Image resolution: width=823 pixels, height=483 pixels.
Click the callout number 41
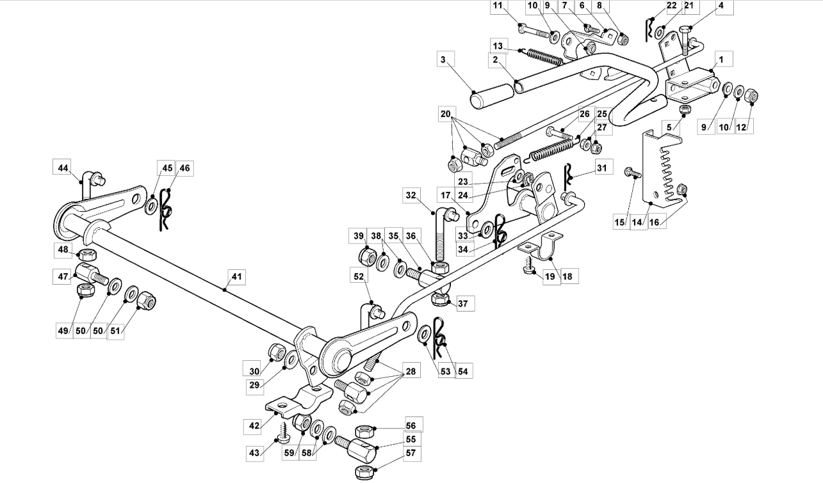point(236,276)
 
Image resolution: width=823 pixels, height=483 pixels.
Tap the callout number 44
point(63,168)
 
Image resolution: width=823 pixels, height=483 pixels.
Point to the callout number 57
point(411,453)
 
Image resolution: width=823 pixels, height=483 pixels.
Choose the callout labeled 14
point(638,222)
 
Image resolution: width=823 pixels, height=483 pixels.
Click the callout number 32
point(411,195)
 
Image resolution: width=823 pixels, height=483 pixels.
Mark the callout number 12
point(742,127)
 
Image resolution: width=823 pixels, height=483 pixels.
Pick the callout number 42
point(254,425)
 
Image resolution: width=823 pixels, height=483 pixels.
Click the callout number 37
point(463,303)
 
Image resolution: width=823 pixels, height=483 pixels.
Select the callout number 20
point(445,114)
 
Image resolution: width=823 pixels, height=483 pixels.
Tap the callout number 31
point(602,168)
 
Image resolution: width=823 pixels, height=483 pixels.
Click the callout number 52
point(359,276)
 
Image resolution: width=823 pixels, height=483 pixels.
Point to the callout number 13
point(498,46)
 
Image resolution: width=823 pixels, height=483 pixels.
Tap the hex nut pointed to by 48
point(88,253)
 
